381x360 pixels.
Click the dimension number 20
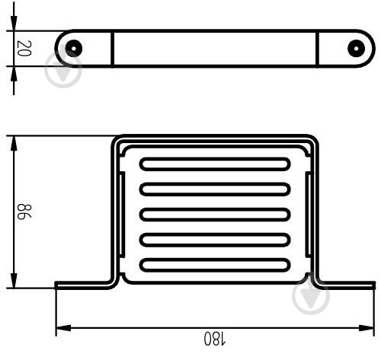click(24, 48)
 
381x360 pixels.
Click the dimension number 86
click(24, 212)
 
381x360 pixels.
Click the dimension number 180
click(215, 338)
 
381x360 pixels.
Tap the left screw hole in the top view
click(74, 48)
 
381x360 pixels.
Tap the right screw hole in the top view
click(356, 48)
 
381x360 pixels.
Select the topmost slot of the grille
click(215, 164)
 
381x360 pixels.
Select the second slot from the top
click(215, 190)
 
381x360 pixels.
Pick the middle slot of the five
click(215, 215)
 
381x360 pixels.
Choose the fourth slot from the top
click(215, 240)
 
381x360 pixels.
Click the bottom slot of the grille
click(215, 265)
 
